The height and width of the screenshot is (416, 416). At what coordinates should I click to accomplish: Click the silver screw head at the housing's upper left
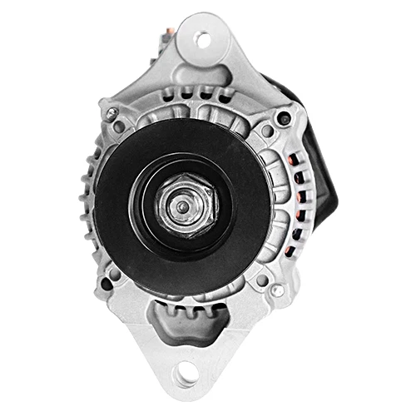point(108,111)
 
